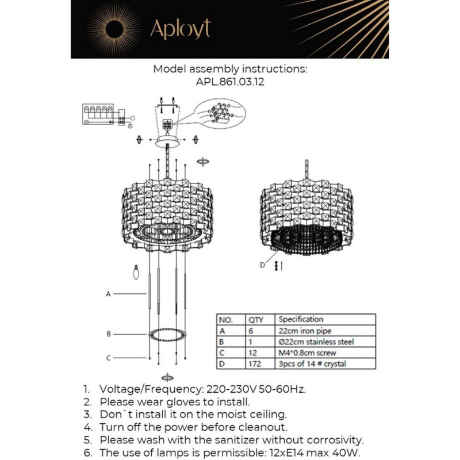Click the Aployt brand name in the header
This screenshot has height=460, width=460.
click(x=180, y=29)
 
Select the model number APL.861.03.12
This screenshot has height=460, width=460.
click(x=230, y=82)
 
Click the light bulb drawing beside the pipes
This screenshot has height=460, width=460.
click(x=136, y=272)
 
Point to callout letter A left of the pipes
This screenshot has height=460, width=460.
click(x=108, y=294)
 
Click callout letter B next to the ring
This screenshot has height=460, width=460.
click(x=108, y=333)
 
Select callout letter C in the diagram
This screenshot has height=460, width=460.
click(x=108, y=358)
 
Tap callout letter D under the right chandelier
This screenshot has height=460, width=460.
click(x=263, y=264)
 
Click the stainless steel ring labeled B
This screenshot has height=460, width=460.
click(x=167, y=334)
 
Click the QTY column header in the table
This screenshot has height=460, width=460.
click(x=255, y=319)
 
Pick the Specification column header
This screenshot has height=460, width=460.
click(x=300, y=319)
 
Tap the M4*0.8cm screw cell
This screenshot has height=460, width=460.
click(x=307, y=352)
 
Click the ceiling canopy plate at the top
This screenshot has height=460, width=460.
click(x=167, y=140)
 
